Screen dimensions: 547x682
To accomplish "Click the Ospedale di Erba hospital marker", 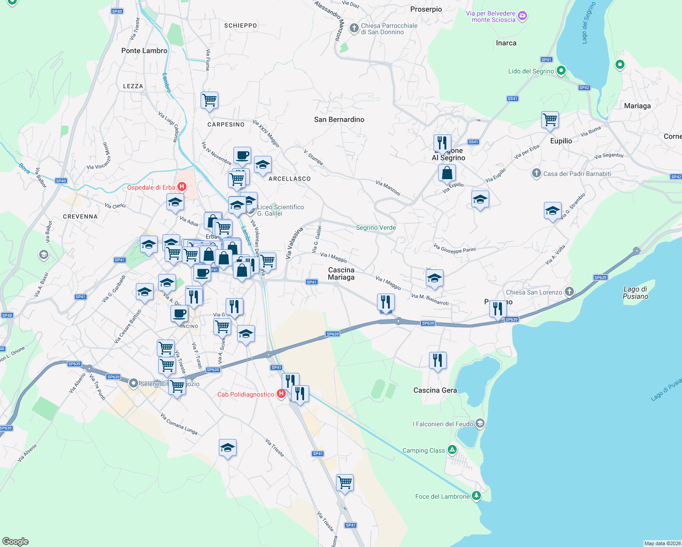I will point(182,186).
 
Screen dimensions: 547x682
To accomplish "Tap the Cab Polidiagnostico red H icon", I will point(281,393).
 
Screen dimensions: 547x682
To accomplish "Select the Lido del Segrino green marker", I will point(561,71).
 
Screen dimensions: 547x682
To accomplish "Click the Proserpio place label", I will point(426,9).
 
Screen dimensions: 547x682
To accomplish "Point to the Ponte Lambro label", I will point(144,51).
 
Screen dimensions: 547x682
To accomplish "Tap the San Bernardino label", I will point(339,119).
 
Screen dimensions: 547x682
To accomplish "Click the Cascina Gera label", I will point(434,390).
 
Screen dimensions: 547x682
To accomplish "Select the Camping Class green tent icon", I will point(452,450).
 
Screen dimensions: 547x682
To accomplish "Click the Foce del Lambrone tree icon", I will point(476,495).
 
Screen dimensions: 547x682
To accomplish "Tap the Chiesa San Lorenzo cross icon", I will point(569,291).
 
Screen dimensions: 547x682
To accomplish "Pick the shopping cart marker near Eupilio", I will point(550,119).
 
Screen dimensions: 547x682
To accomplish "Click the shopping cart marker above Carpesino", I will point(209,99).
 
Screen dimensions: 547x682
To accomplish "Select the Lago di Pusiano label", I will point(635,293).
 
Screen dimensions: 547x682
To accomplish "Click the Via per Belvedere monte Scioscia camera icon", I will point(522,16).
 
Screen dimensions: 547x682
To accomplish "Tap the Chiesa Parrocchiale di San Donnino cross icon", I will point(354,28).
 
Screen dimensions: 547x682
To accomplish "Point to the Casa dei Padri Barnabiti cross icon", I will point(537,173).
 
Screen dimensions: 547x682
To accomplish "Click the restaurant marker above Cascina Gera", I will point(437,360).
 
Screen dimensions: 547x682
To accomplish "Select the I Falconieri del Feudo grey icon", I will point(480,423).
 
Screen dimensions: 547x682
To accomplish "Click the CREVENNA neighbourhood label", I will point(80,217).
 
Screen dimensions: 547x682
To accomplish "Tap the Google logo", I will point(15,541).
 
